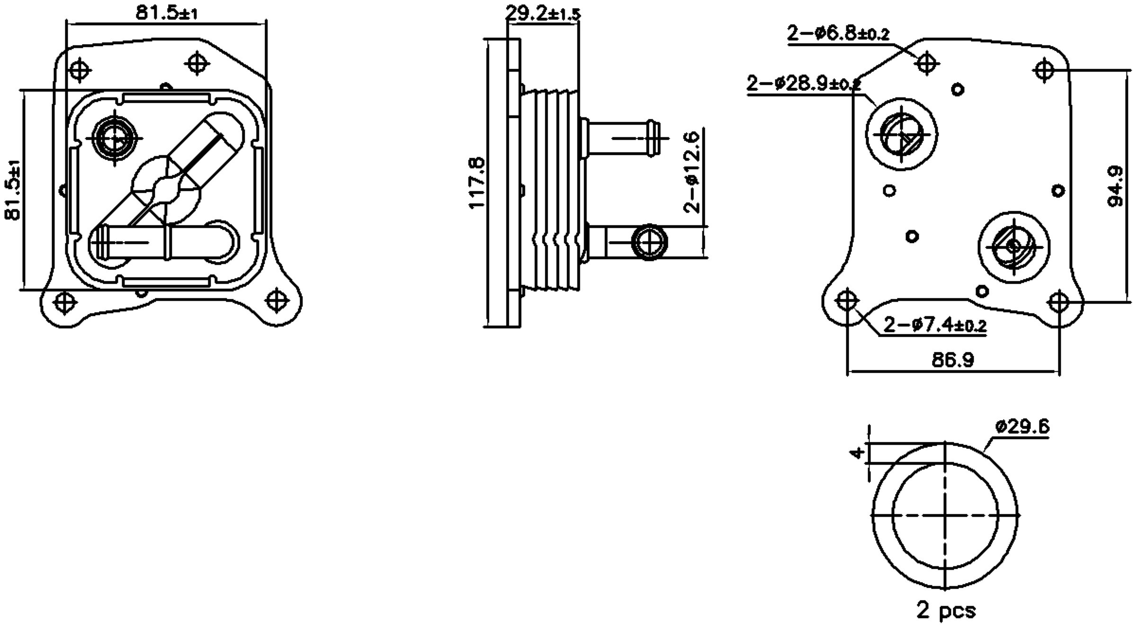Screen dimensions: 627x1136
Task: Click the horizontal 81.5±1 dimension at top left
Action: [x=167, y=13]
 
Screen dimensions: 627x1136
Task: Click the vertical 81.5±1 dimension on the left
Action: [x=13, y=189]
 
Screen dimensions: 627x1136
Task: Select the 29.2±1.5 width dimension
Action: [x=542, y=13]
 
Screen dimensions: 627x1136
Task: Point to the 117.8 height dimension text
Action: [x=477, y=183]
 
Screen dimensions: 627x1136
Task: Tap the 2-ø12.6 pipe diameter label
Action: [x=692, y=172]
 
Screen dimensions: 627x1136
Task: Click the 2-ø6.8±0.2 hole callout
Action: [x=838, y=34]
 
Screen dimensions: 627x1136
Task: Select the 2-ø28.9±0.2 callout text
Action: [x=803, y=84]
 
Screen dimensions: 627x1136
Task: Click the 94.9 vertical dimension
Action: [x=1116, y=186]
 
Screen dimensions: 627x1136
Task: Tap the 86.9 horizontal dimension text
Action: [x=953, y=360]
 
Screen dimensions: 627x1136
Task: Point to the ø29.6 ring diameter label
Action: [x=1022, y=427]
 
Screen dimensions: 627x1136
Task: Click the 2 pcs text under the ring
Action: [x=946, y=610]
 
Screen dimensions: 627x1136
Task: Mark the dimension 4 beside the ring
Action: [x=856, y=453]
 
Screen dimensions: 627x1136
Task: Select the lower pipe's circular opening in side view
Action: [x=650, y=242]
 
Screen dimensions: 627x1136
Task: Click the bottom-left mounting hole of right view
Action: [x=847, y=300]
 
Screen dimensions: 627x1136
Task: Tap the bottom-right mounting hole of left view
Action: [x=277, y=300]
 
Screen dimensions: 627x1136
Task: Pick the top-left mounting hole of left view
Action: [x=80, y=70]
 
